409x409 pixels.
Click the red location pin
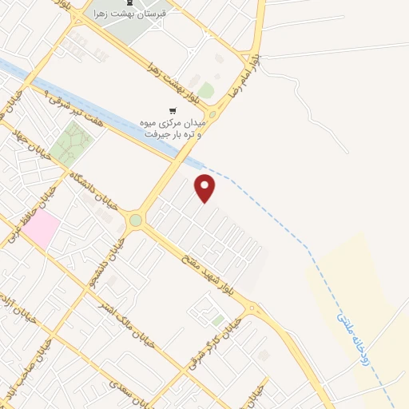point(205,187)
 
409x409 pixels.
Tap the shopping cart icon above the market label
point(173,110)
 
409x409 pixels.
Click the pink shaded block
point(41,228)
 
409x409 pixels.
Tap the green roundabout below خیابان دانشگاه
point(136,220)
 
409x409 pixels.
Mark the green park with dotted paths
point(71,143)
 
